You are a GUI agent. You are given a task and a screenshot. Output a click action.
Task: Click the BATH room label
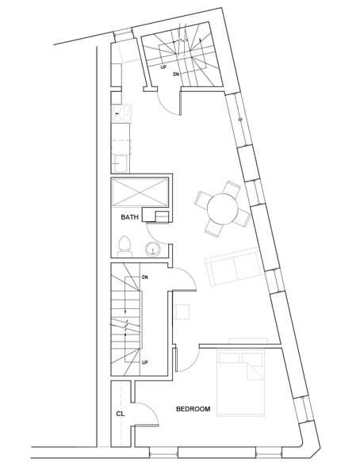point(130,216)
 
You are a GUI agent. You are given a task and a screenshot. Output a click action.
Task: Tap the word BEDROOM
point(193,409)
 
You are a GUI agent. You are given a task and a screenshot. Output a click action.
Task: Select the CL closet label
point(120,413)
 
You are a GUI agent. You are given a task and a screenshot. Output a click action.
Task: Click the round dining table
point(223,210)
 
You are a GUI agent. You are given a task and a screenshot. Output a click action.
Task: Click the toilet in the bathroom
point(124,243)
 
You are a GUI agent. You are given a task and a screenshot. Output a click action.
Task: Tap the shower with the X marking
point(140,193)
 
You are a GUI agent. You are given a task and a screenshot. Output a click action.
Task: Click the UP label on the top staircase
point(164,67)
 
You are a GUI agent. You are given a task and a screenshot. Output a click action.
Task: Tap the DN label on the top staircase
point(176,74)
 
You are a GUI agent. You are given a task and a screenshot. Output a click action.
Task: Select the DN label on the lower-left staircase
point(145,277)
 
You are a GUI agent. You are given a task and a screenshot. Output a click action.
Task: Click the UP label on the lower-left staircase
point(145,362)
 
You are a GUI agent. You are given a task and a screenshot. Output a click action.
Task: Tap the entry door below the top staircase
point(169,101)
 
